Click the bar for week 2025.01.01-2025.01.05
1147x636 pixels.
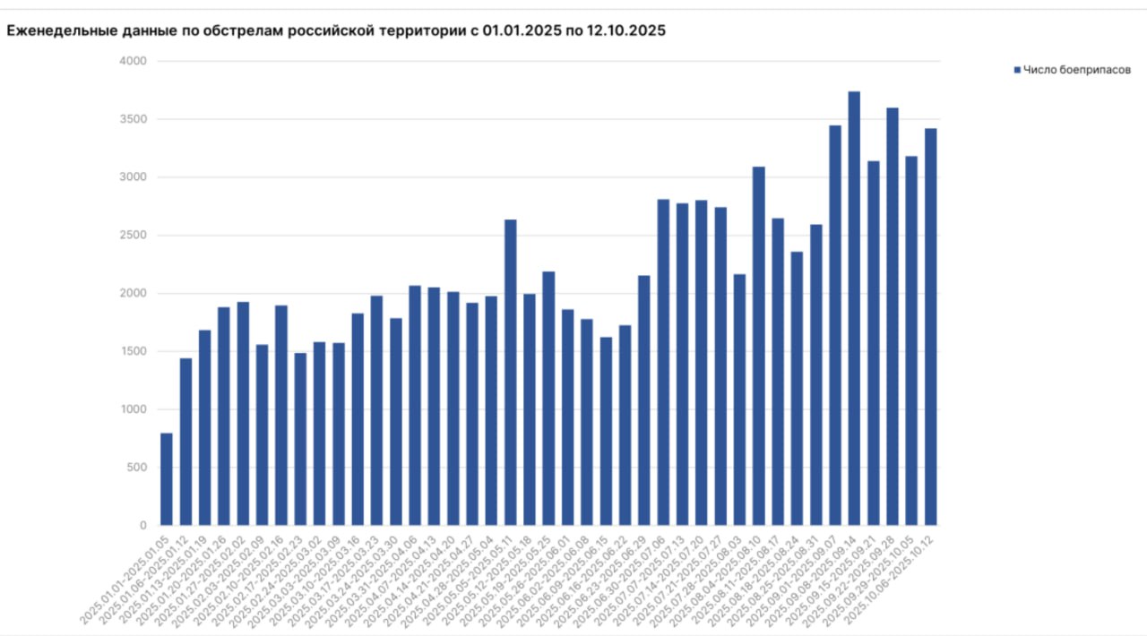click(x=167, y=479)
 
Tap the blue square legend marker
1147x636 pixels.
click(x=1017, y=70)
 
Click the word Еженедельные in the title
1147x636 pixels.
click(x=59, y=30)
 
